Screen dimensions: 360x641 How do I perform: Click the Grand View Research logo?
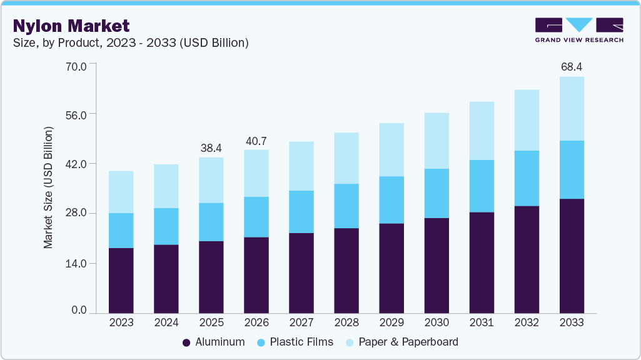[x=579, y=30]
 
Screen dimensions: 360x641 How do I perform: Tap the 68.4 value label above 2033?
[x=572, y=66]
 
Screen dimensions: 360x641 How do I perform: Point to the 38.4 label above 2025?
[x=211, y=148]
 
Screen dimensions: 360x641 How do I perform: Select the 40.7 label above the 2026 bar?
[x=256, y=141]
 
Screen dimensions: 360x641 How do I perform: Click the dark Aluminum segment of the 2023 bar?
[x=121, y=280]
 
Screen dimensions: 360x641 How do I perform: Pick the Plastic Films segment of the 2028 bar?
[x=346, y=206]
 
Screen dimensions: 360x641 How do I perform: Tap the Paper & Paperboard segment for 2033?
[x=572, y=109]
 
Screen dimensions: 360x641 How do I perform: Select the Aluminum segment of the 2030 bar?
[x=437, y=265]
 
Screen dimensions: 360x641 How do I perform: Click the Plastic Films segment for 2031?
[x=482, y=186]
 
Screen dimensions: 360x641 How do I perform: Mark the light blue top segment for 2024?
[x=166, y=186]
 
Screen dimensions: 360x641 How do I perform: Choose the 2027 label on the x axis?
[x=301, y=322]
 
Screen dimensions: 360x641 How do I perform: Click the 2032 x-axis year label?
[x=527, y=322]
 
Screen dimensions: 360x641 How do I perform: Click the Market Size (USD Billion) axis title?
[x=49, y=187]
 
